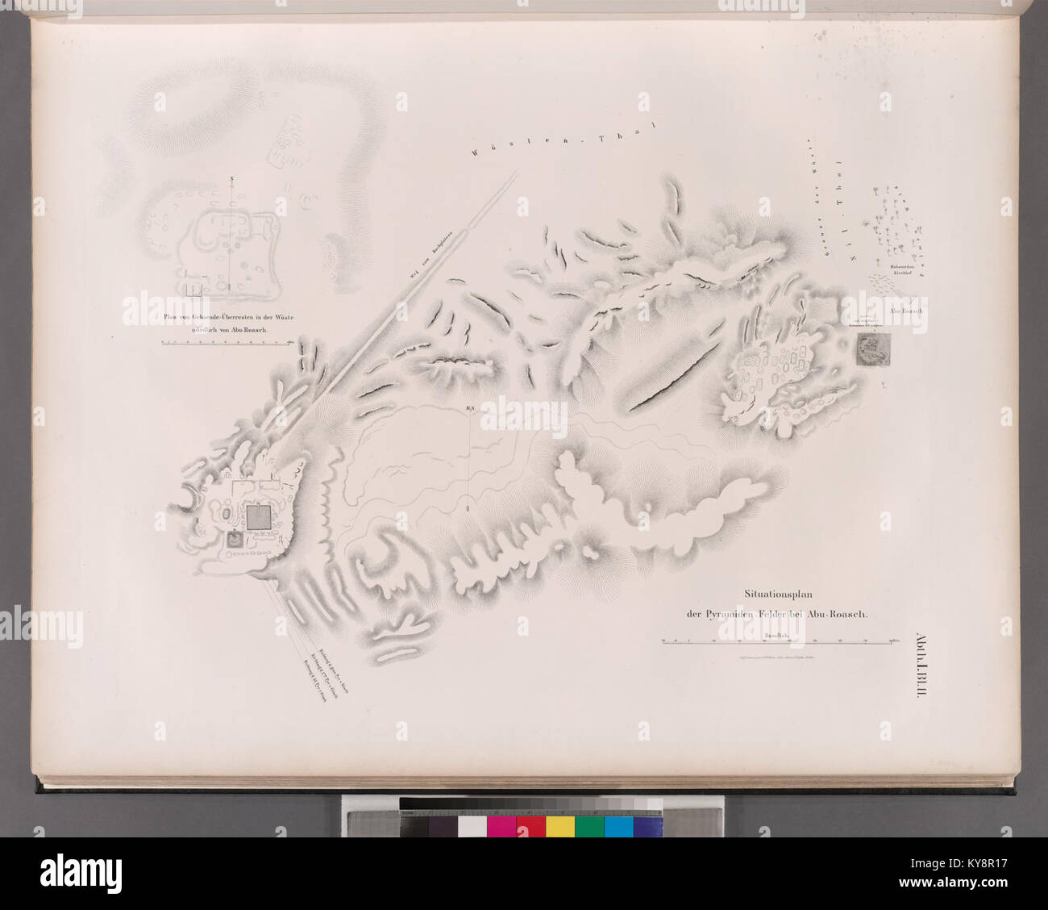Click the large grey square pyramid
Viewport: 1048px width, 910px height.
pyautogui.click(x=259, y=517)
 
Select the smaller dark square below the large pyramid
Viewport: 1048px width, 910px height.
pyautogui.click(x=235, y=541)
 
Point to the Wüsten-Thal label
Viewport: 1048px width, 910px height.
pyautogui.click(x=565, y=136)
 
